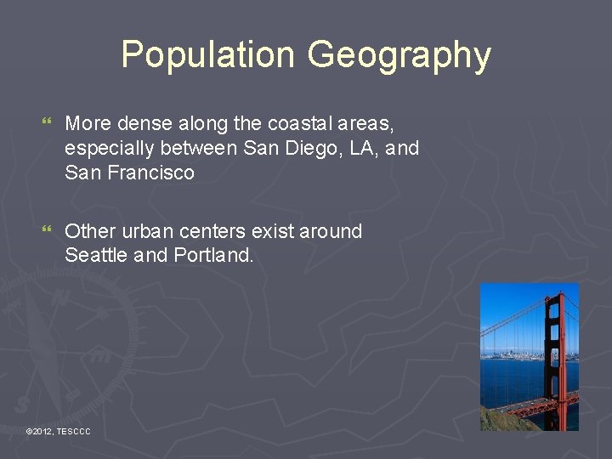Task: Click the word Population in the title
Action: click(208, 55)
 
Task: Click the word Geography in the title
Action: click(399, 55)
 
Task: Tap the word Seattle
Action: click(96, 255)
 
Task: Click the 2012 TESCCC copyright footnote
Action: click(59, 433)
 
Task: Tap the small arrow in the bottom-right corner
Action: click(596, 441)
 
